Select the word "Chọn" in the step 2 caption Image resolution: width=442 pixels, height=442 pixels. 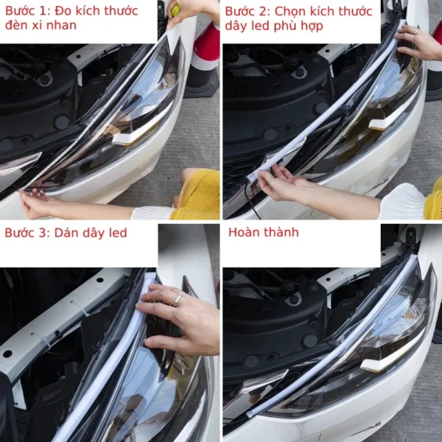tap(290, 12)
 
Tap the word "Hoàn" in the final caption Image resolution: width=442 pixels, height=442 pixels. tap(242, 233)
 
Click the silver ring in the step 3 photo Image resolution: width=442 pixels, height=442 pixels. tap(178, 301)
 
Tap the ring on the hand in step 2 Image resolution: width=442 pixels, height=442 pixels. tap(415, 31)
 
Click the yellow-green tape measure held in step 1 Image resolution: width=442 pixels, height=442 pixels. tap(175, 10)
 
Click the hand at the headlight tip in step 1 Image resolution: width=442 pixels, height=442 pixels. tap(33, 203)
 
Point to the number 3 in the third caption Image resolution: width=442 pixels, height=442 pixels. tap(42, 233)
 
